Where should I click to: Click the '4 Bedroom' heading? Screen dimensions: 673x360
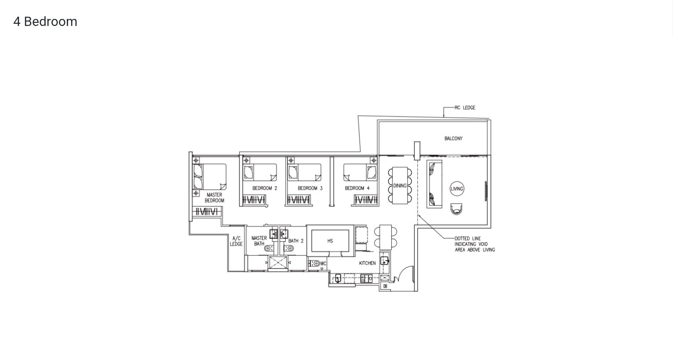coord(45,22)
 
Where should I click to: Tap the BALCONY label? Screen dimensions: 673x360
coord(453,138)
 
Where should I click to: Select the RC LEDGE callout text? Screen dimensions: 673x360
coord(465,108)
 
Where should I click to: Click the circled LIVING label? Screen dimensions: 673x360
coord(457,189)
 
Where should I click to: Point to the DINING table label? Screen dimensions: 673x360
coord(400,185)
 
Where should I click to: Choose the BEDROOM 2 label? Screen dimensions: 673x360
coord(265,188)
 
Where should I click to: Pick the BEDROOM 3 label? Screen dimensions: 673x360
coord(310,188)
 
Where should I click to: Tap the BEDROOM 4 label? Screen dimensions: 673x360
coord(357,188)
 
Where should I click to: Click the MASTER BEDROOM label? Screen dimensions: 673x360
coord(215,197)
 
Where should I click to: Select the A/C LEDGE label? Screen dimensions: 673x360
coord(236,241)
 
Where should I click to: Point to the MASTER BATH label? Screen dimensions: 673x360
coord(259,241)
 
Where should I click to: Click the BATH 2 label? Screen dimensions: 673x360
coord(296,241)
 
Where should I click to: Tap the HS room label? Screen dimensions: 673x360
coord(330,241)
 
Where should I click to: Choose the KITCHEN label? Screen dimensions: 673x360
coord(367,263)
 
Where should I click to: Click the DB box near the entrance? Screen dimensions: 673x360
coord(385,287)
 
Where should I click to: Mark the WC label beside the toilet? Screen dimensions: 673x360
coord(323,264)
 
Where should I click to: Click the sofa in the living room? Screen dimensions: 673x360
coord(434,184)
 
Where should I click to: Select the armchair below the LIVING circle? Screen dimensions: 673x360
coord(456,209)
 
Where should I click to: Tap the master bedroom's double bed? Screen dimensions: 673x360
coord(209,177)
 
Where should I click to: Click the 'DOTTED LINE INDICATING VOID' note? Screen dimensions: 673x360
coord(475,244)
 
